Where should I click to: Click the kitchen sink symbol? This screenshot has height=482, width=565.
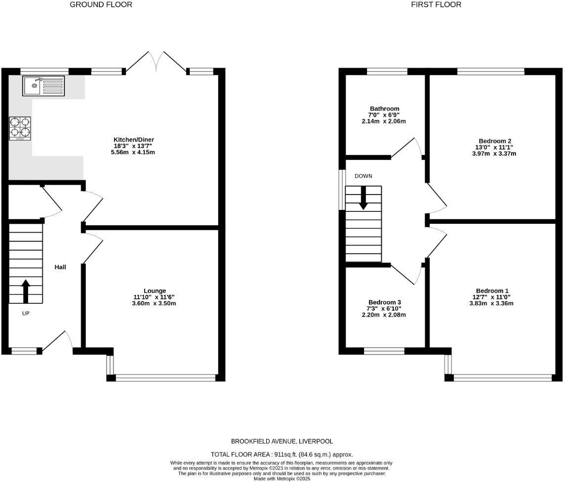point(43,86)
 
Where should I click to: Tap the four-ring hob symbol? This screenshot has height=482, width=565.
point(20,128)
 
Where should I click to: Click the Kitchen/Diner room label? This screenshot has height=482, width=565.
point(133,140)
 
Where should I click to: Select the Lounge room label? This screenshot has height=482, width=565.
point(155,291)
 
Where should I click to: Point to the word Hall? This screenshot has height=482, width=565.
point(60,267)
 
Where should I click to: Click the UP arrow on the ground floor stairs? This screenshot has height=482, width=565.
point(25,290)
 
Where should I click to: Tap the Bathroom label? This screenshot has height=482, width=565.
point(384,109)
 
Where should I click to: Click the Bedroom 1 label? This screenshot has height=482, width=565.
point(492,291)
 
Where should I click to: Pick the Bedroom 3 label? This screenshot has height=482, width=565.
point(385,302)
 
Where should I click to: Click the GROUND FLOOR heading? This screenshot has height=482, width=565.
point(101,5)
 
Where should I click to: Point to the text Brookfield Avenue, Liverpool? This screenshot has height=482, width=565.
point(282,441)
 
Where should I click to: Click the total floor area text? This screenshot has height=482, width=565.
point(282,454)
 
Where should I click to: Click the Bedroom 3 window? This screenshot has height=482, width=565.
point(384,351)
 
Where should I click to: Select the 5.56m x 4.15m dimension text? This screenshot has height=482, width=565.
point(133,153)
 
